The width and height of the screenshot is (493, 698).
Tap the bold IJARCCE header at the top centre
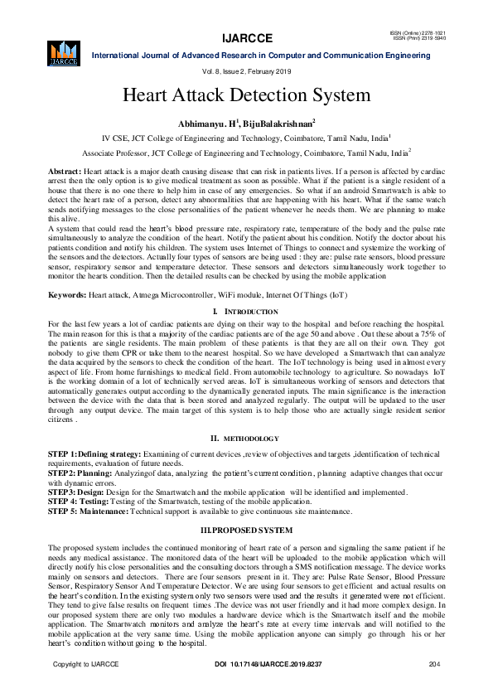tap(246, 37)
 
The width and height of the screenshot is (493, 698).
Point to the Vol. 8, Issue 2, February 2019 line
tap(246, 73)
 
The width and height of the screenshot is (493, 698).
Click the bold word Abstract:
tap(65, 168)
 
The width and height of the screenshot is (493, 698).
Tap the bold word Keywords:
tap(68, 294)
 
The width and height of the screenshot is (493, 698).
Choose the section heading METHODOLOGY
tap(249, 437)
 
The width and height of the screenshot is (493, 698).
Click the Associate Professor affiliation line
tap(246, 153)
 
